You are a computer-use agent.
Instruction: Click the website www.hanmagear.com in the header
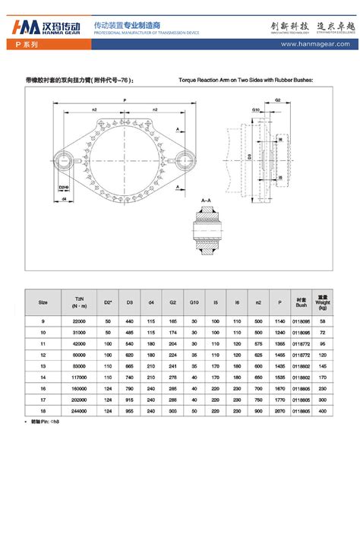tap(313, 45)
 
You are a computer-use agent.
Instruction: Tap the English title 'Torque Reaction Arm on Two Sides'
tap(245, 79)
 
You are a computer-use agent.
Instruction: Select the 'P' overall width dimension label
tap(123, 100)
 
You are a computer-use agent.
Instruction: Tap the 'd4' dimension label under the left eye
tap(65, 199)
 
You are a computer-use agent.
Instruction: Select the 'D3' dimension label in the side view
tap(249, 157)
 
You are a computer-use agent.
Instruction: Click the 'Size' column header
tap(43, 302)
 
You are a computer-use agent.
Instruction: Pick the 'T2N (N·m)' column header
tap(79, 302)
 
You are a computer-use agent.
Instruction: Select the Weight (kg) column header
tap(322, 302)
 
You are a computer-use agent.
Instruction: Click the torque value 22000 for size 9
tap(79, 322)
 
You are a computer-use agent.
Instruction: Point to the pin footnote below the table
tap(46, 421)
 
